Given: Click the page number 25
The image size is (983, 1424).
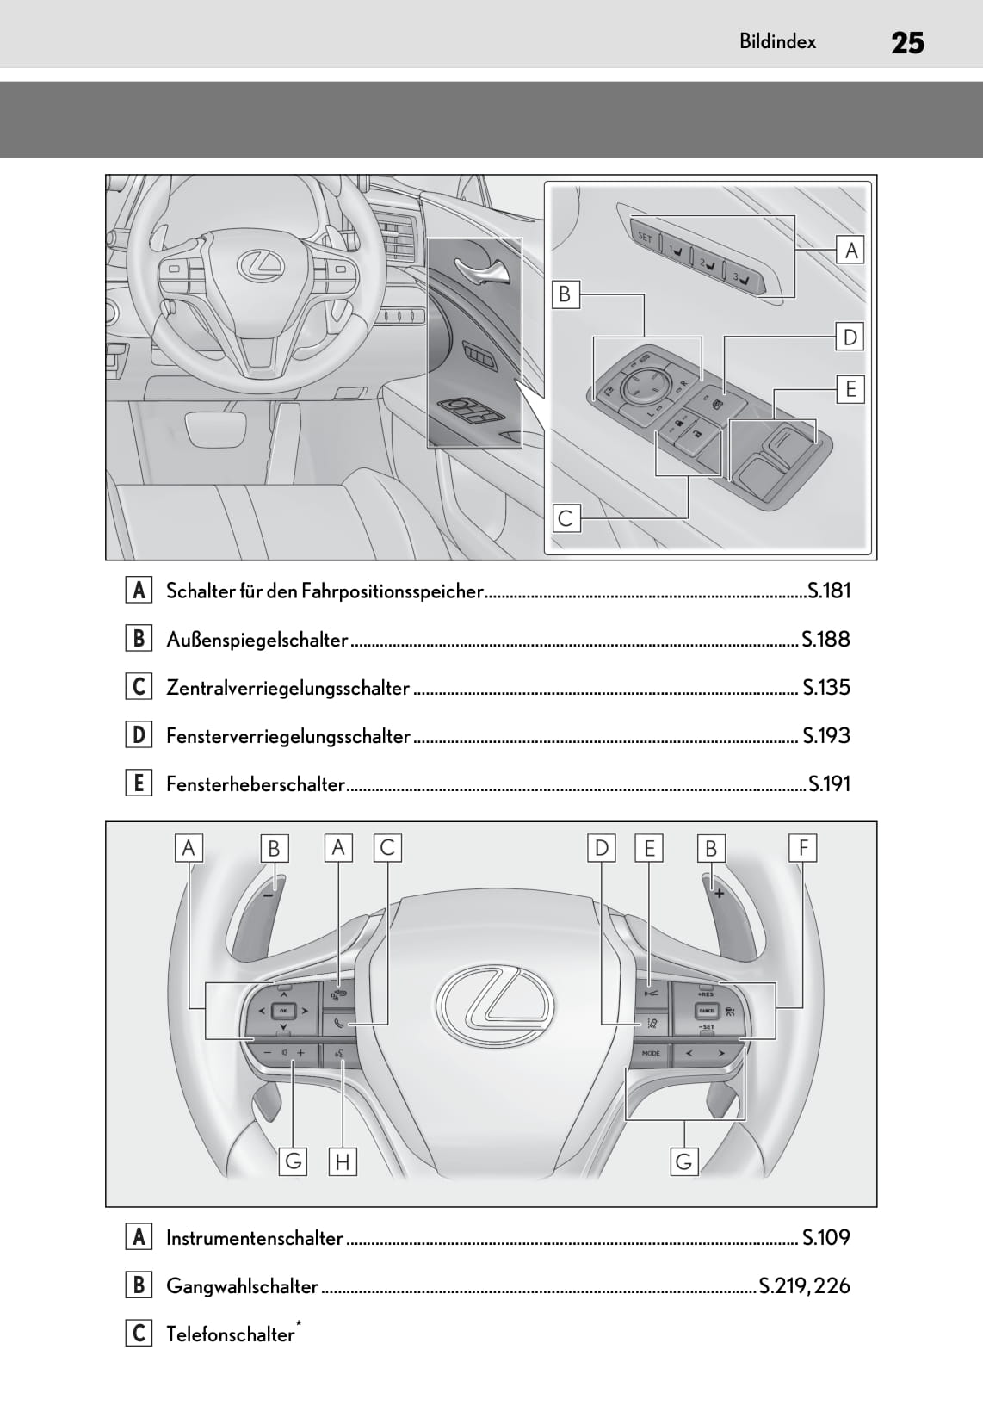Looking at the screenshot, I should click(906, 42).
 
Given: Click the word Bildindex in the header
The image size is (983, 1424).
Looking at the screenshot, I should click(777, 41).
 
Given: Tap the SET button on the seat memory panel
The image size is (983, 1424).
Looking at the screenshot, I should click(645, 237).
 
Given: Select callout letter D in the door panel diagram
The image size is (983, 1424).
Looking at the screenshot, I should click(850, 337).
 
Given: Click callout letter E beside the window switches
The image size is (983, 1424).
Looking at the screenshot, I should click(850, 389).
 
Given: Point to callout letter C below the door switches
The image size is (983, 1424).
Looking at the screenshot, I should click(566, 518).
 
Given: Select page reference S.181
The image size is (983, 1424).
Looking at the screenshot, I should click(829, 591).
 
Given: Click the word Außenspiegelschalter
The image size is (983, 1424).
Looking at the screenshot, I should click(257, 640).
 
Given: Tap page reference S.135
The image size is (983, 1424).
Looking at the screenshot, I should click(826, 687).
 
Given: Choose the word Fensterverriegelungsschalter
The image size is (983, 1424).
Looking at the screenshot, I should click(288, 736).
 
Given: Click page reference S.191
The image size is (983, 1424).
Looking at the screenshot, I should click(829, 783).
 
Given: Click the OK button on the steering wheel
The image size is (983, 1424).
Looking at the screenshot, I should click(283, 1010).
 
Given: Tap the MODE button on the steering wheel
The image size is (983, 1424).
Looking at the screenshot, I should click(651, 1053).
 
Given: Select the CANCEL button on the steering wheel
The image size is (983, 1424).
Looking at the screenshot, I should click(707, 1011).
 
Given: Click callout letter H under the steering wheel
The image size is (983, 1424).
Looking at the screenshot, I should click(343, 1162).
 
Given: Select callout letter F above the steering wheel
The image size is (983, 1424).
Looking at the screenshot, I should click(802, 848).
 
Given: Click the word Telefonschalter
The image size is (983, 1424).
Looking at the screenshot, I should click(230, 1334).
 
